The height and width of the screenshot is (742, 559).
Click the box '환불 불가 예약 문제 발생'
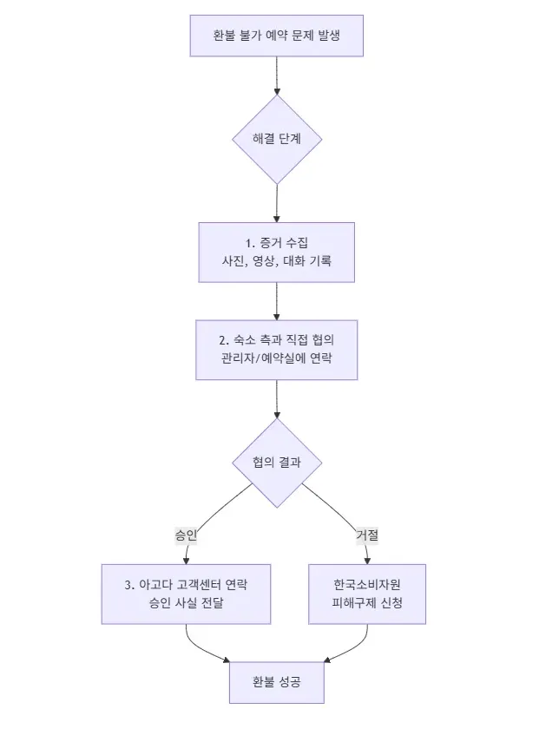pos(276,36)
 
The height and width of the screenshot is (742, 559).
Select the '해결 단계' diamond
pos(276,139)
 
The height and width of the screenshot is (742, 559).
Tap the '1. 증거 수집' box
pos(276,243)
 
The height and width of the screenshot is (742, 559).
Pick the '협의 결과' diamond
pos(276,463)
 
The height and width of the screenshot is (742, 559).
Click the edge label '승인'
pos(186,535)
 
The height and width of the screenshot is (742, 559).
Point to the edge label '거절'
pos(367,535)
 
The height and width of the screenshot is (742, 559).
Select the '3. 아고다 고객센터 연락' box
pos(186,583)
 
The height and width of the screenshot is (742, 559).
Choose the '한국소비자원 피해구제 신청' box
pos(367,583)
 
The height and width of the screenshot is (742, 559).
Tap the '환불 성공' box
pos(277,682)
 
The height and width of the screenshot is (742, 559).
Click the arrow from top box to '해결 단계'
pos(276,76)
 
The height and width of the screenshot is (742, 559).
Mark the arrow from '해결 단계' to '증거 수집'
pos(276,203)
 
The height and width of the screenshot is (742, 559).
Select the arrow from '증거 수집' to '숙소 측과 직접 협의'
pos(276,301)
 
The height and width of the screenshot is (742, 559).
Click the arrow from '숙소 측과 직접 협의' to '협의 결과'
pos(276,399)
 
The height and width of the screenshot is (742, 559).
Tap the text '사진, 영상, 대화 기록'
pos(276,260)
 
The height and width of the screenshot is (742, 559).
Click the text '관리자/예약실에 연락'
pos(276,358)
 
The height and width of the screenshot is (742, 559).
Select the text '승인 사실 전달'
pos(186,603)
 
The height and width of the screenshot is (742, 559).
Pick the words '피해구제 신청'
pos(367,603)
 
